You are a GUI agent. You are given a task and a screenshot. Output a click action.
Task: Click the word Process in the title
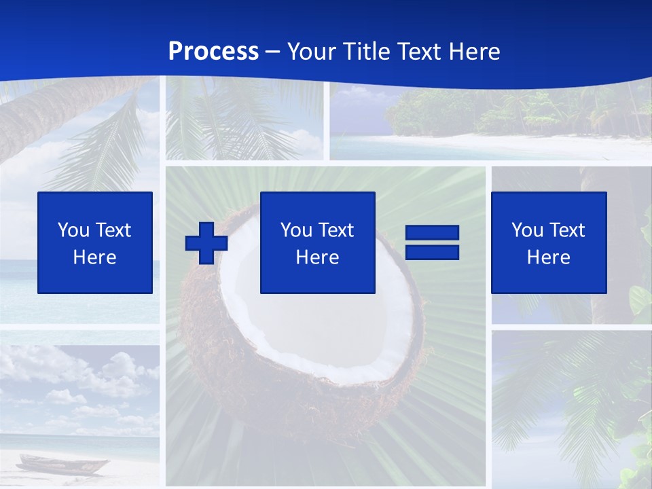213,52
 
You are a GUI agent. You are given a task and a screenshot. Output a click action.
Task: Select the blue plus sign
206,242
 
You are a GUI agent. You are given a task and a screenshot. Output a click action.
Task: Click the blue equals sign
432,242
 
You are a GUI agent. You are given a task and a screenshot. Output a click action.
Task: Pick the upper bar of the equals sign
432,233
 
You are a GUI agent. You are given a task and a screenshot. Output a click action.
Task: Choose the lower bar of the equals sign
432,252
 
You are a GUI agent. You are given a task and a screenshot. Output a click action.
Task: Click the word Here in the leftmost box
94,257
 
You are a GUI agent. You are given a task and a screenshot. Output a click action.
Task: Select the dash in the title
273,52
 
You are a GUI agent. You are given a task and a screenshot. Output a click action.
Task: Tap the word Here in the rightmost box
548,257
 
